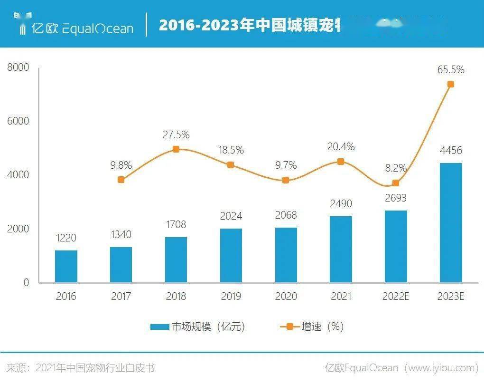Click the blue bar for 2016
point(66,266)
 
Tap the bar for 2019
point(231,255)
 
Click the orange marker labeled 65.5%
point(451,84)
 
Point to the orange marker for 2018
point(176,149)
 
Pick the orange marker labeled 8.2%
point(396,183)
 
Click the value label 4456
point(451,151)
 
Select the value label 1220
point(66,238)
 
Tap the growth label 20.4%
point(341,147)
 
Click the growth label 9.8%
point(121,165)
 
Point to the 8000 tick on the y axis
point(18,67)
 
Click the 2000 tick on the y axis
point(18,229)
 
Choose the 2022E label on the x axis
point(396,297)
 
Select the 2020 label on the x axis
point(286,297)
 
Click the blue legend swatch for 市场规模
point(159,327)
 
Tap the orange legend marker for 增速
point(289,327)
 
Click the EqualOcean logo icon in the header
point(22,24)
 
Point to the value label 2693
point(396,198)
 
